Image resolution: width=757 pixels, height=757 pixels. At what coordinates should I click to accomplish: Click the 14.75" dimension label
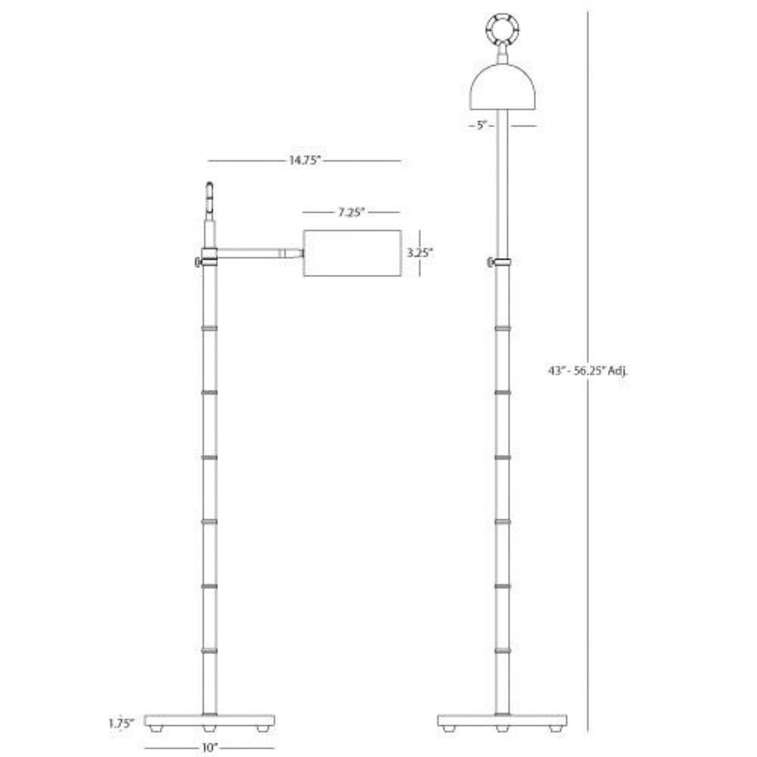[x=304, y=160]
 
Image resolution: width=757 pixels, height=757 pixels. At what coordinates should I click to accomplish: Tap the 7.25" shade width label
[x=351, y=213]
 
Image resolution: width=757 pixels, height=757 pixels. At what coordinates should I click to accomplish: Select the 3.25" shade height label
[x=419, y=253]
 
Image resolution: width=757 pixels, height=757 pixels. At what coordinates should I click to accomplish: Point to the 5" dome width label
[x=481, y=126]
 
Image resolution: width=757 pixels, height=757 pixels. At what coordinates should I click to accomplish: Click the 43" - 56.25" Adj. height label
[x=587, y=371]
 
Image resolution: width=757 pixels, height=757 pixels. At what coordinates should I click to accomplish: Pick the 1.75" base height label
[x=120, y=724]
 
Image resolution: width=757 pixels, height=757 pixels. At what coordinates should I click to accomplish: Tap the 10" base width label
[x=208, y=748]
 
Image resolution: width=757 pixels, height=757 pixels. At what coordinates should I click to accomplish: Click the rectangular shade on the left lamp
[x=353, y=254]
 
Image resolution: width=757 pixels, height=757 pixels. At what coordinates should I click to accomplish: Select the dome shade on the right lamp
[x=503, y=87]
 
